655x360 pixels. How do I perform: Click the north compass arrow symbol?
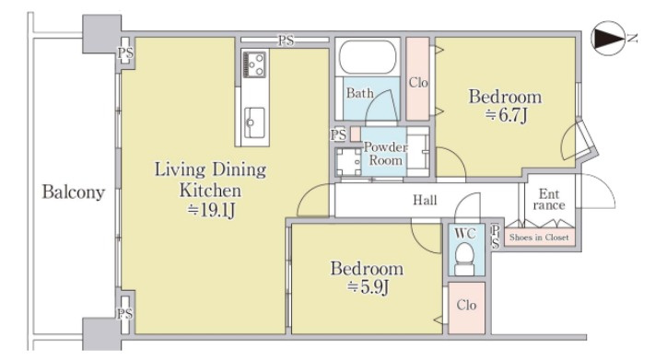point(608,38)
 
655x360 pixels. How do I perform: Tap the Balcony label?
point(73,192)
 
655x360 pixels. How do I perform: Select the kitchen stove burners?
point(254,64)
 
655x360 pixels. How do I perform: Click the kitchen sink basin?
point(254,122)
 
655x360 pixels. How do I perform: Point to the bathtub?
point(368,57)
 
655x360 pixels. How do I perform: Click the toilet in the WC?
point(464,260)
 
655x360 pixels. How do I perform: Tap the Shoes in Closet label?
point(539,238)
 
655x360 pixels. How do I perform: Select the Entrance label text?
point(549,199)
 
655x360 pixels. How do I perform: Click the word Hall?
point(425,200)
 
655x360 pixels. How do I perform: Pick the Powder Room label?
point(385,153)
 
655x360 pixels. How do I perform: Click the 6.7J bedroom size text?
point(507,115)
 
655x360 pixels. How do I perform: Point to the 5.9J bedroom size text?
point(368,287)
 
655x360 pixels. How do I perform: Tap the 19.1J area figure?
point(211,210)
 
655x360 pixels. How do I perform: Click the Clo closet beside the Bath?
point(417,79)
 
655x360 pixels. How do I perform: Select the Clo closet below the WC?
point(466,308)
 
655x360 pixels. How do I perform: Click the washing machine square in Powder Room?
point(348,162)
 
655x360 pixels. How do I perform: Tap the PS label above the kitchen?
point(287,41)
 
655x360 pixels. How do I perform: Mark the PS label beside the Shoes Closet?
point(495,237)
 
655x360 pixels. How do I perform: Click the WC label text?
point(465,233)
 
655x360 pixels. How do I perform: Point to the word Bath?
point(359,93)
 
